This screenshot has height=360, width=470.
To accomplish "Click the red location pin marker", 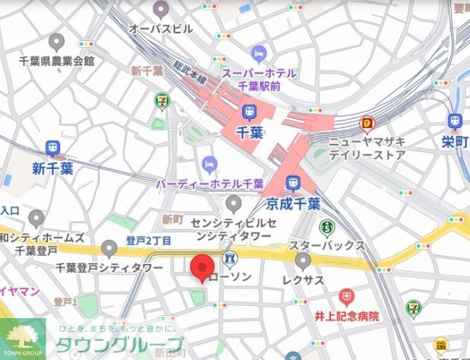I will pos(201,269).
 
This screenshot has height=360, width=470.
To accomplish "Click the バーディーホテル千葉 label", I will pos(210,184).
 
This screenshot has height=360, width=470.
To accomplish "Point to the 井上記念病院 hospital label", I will pos(347,315).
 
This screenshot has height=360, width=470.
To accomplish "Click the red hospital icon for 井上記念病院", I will pos(347,295).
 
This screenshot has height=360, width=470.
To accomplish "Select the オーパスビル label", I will pos(160,29).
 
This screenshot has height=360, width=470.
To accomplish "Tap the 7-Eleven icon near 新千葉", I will pos(161,100).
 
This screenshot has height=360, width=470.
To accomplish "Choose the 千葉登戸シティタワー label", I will pos(110,268).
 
